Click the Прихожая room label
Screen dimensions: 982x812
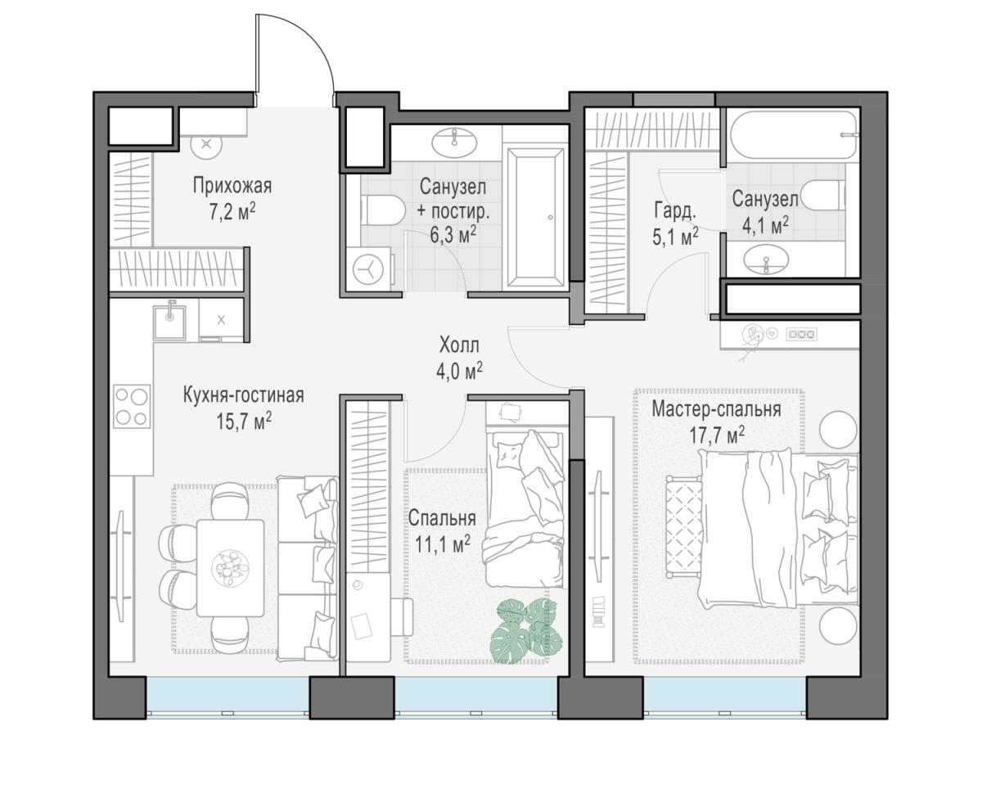(x=232, y=187)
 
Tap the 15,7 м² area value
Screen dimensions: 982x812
(x=244, y=421)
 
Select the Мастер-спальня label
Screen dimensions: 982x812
(x=716, y=410)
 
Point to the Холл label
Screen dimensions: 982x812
(x=459, y=345)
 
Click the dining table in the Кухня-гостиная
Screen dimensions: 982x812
(x=231, y=567)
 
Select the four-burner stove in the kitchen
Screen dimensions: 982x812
(x=132, y=407)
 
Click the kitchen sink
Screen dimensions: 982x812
(x=169, y=323)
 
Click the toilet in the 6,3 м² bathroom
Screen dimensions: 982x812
(x=382, y=210)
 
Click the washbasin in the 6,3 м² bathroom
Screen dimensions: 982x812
(x=454, y=141)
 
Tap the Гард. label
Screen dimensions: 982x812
(x=675, y=211)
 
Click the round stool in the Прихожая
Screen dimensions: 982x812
(x=206, y=143)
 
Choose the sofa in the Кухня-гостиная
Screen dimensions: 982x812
(x=308, y=568)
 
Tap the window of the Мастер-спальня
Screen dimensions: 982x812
(x=725, y=697)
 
